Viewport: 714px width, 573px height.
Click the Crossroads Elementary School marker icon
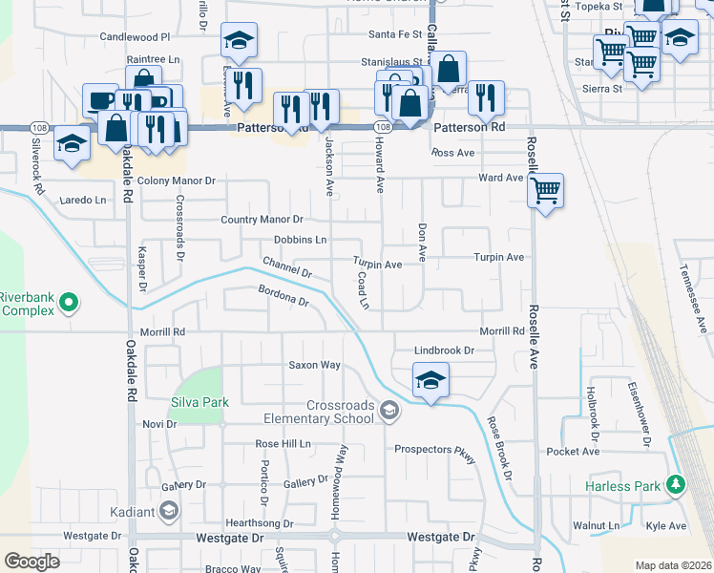click(388, 412)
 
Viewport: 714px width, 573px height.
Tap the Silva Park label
click(200, 402)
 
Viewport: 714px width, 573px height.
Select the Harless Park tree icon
click(676, 485)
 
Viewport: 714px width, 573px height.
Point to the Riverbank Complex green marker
click(68, 304)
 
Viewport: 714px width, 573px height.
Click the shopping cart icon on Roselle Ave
click(545, 190)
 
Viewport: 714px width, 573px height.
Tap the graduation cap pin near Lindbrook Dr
click(430, 381)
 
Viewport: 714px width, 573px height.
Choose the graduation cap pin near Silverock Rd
click(72, 143)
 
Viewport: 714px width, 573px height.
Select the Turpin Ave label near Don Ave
click(500, 258)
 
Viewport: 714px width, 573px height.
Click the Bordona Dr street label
click(283, 295)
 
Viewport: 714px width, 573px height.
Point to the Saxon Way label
click(315, 365)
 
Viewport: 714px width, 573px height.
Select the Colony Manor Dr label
click(177, 180)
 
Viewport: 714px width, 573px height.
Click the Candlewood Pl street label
click(135, 36)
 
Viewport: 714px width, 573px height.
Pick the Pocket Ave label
click(573, 451)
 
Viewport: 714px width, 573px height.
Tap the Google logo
click(31, 562)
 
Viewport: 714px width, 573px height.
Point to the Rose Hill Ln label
click(283, 444)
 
